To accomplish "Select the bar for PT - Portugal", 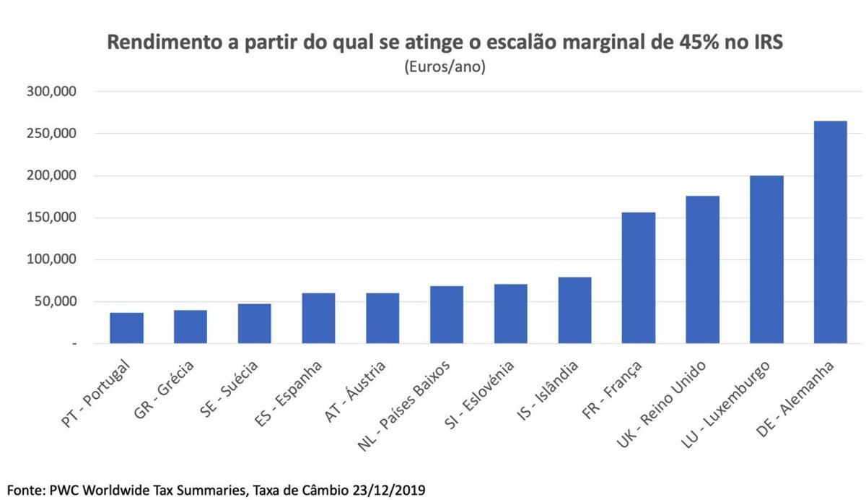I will (x=126, y=328).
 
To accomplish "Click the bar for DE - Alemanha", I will (x=830, y=232).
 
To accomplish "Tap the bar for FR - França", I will (x=638, y=278).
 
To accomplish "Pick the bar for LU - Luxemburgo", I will (x=766, y=259).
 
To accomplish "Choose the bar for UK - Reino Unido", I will (x=702, y=270).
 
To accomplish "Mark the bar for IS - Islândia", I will (x=574, y=310).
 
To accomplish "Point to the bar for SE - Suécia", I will (x=254, y=323).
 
